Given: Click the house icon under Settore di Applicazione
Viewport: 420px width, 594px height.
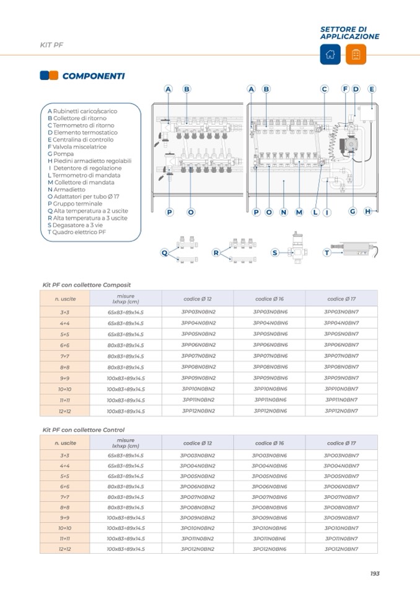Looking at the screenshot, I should coord(330,54).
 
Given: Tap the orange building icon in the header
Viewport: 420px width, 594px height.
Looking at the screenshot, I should coord(356,54).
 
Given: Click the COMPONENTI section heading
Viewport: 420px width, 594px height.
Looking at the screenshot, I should coord(93,76).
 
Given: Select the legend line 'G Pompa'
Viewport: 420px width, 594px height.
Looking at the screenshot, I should coord(60,154).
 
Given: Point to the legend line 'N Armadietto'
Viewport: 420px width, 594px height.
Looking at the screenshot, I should coord(66,190).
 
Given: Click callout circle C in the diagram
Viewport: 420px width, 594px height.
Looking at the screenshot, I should coord(324,89).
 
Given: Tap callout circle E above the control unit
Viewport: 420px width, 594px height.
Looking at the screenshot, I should coord(372,89).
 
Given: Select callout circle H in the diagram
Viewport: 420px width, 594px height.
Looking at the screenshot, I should coord(368,212).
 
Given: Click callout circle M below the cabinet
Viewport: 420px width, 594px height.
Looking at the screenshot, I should coord(299,212).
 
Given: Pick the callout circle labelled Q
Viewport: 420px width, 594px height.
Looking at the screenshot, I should coord(165,253).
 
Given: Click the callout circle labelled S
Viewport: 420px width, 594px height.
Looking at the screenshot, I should coord(275,253).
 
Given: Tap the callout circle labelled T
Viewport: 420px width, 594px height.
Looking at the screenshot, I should coord(326,253).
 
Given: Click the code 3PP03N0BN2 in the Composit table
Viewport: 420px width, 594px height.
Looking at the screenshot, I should coord(198,312).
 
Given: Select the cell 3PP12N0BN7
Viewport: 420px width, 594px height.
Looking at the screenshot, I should coord(342,411).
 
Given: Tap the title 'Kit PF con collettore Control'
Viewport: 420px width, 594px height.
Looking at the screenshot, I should coord(83,430).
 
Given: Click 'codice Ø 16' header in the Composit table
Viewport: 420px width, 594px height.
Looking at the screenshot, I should coord(269,299).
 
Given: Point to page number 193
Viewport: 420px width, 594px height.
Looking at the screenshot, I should coord(374,574).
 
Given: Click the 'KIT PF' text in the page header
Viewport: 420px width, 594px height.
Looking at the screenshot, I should coord(51,45).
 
